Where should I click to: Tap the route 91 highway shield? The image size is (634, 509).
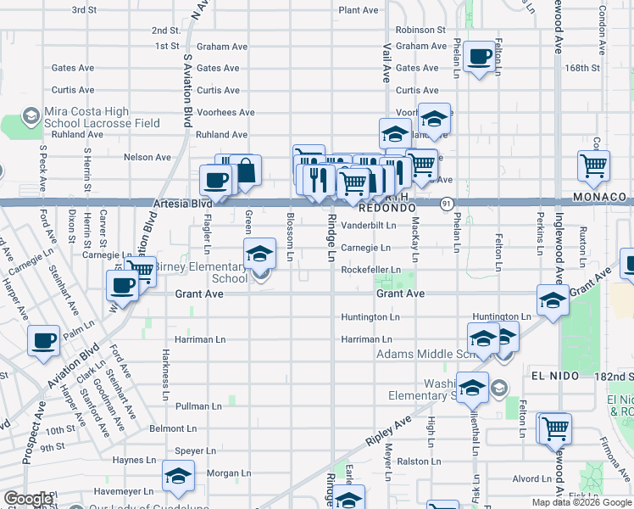click(x=447, y=204)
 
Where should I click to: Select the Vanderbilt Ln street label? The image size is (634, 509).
click(x=369, y=226)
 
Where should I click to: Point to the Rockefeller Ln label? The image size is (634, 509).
click(x=370, y=270)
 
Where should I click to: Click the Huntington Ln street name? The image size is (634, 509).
click(x=370, y=317)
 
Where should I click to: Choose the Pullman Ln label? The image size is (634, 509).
click(x=199, y=407)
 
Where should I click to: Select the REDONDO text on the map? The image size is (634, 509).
click(x=387, y=208)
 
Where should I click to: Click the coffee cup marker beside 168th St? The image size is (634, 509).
click(x=480, y=57)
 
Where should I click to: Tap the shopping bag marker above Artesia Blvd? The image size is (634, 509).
click(x=246, y=171)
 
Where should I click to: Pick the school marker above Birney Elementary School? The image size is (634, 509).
click(x=259, y=252)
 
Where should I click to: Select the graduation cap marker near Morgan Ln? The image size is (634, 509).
click(x=178, y=476)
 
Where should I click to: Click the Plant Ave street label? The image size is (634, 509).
click(x=358, y=10)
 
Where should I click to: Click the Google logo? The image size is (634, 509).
click(x=28, y=499)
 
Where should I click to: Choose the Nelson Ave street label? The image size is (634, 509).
click(x=147, y=157)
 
